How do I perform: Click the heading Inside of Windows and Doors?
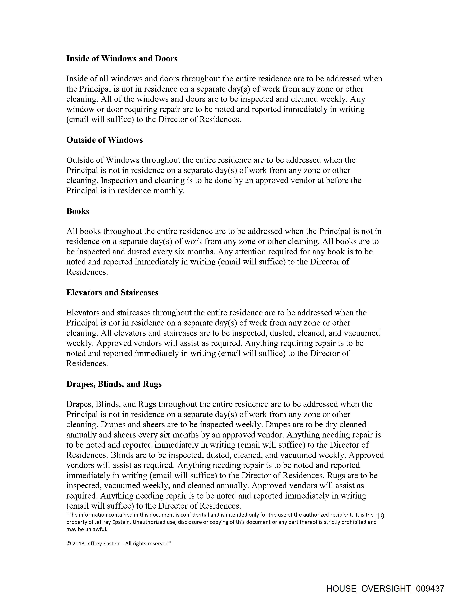click(122, 59)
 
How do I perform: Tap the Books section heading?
click(78, 211)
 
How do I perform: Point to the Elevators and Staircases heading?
click(112, 293)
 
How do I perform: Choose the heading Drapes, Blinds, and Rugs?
click(114, 384)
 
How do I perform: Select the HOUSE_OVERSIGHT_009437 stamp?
click(385, 588)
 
